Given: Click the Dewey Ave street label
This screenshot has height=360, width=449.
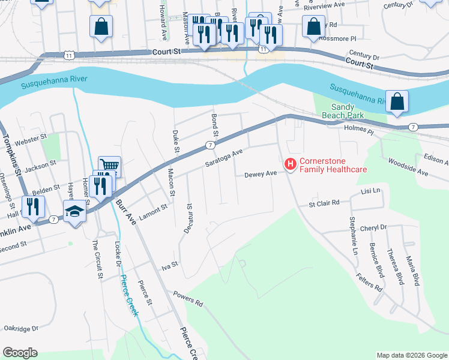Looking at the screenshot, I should point(260,175).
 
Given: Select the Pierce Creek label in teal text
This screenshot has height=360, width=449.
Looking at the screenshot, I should point(129,295).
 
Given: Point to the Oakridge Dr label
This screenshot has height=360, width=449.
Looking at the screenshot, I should point(21,328).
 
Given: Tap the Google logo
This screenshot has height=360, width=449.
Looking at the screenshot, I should point(20,353).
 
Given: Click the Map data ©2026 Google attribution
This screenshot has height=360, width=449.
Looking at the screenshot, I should point(411,355).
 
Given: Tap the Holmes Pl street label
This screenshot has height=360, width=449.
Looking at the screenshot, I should point(359,130).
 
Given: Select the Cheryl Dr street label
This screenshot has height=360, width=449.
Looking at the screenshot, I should point(373,228).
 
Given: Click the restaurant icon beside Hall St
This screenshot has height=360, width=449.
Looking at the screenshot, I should point(32,206).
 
